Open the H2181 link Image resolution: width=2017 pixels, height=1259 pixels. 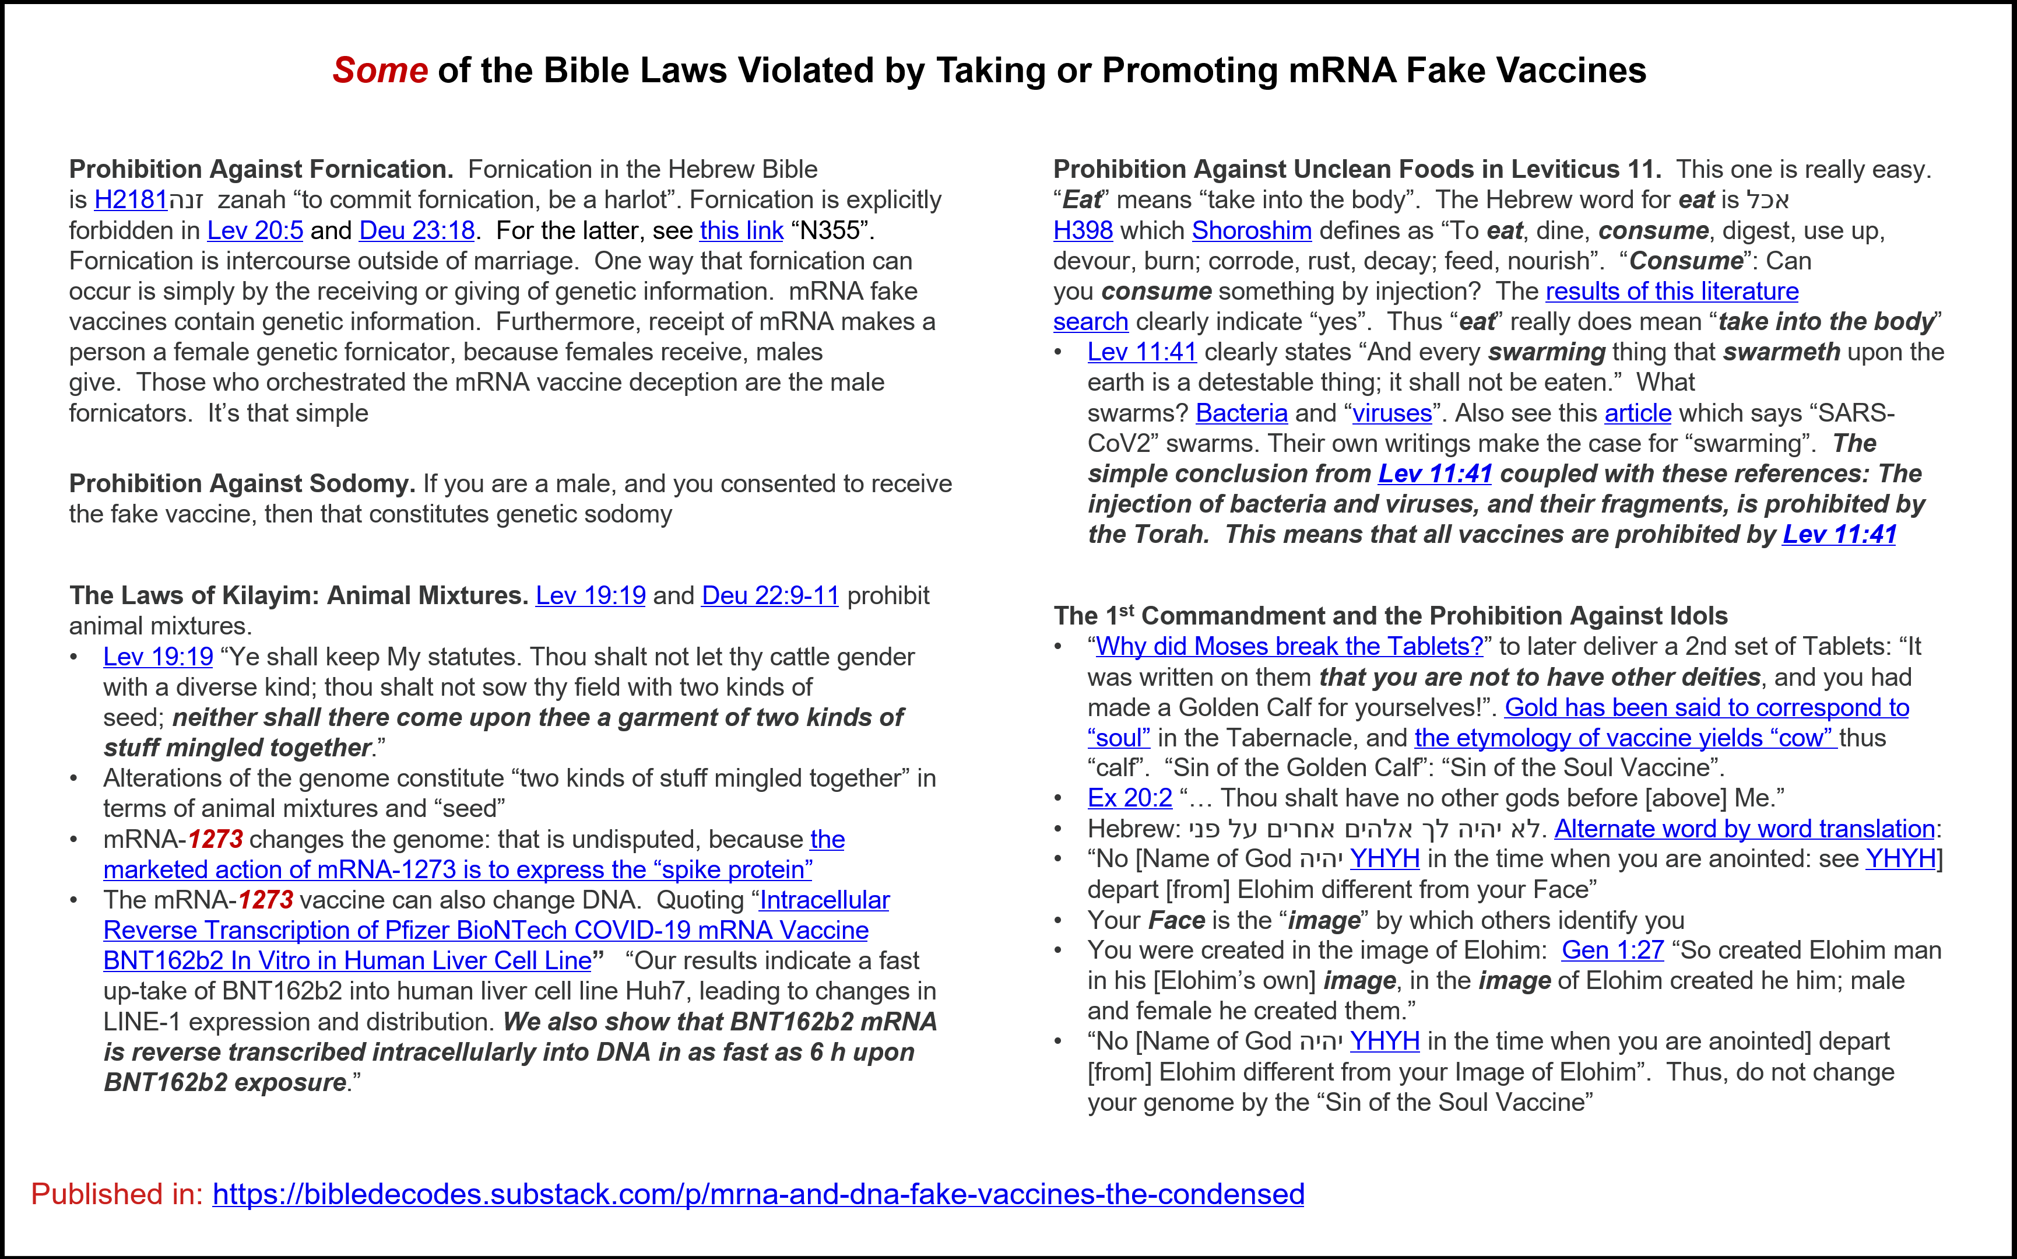(x=131, y=200)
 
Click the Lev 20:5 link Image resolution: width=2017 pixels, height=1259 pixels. (x=255, y=231)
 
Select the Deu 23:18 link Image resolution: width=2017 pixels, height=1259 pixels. (x=416, y=231)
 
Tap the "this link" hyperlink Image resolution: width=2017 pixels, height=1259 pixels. (x=741, y=231)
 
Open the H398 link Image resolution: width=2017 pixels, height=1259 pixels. (x=1082, y=231)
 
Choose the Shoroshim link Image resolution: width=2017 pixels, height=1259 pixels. (x=1251, y=231)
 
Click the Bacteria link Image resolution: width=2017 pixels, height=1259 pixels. (x=1241, y=413)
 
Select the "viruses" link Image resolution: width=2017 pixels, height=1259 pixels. (x=1392, y=413)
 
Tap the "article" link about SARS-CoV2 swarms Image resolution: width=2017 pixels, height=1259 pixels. (x=1638, y=413)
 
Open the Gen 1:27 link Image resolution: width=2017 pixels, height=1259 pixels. (x=1612, y=950)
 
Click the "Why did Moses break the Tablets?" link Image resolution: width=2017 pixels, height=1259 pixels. (x=1289, y=646)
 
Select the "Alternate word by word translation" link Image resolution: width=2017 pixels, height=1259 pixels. (x=1744, y=829)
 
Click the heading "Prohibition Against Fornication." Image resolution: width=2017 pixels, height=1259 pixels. (x=261, y=170)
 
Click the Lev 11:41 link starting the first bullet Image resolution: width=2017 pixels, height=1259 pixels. (x=1141, y=352)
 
